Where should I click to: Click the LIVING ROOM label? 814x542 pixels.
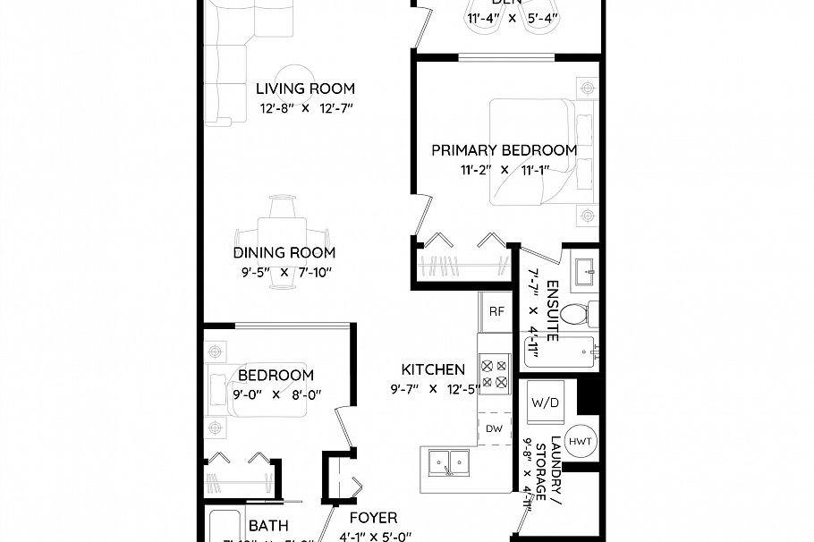[x=305, y=89]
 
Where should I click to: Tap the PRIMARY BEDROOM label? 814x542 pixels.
[x=504, y=150]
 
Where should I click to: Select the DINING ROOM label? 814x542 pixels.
[x=284, y=253]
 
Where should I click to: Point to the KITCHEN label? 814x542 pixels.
[x=432, y=369]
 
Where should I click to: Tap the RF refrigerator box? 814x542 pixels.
[x=496, y=311]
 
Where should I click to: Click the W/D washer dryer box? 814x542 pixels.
[x=545, y=402]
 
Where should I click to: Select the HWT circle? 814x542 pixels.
[x=581, y=442]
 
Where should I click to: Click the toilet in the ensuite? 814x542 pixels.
[x=582, y=314]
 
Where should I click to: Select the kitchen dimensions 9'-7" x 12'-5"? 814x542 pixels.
[x=432, y=389]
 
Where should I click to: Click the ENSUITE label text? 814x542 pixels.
[x=553, y=310]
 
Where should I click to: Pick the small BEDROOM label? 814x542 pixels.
[x=276, y=376]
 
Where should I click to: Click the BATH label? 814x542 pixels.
[x=268, y=526]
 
